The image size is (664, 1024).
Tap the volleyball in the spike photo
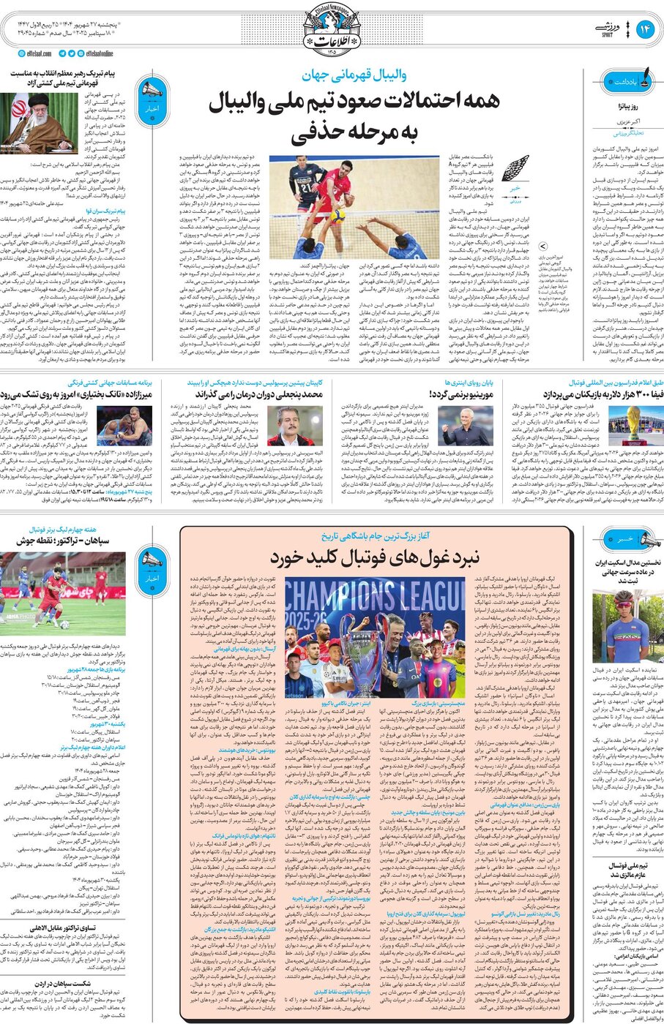(339, 215)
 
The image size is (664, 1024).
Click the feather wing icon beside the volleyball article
(514, 169)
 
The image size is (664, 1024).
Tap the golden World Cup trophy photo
(633, 423)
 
